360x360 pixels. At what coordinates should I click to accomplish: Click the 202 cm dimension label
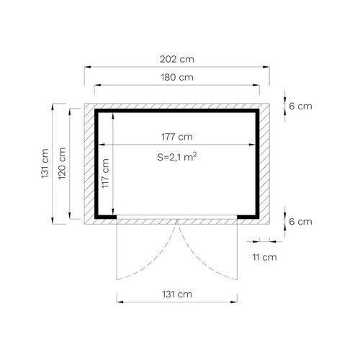tap(177, 59)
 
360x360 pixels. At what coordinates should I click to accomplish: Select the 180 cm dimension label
tap(177, 77)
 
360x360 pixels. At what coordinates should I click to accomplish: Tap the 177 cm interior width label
tap(177, 137)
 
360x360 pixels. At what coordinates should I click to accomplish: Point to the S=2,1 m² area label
tap(177, 157)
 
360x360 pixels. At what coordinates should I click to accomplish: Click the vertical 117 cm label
tap(105, 174)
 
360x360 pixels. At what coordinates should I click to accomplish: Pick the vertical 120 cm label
tap(62, 163)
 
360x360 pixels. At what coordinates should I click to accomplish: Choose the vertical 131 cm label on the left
tap(45, 163)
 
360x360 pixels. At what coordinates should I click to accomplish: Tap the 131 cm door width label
tap(177, 294)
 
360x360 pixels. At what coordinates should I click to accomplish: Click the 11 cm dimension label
tap(264, 257)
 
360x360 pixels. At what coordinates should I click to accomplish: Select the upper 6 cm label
tap(300, 106)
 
